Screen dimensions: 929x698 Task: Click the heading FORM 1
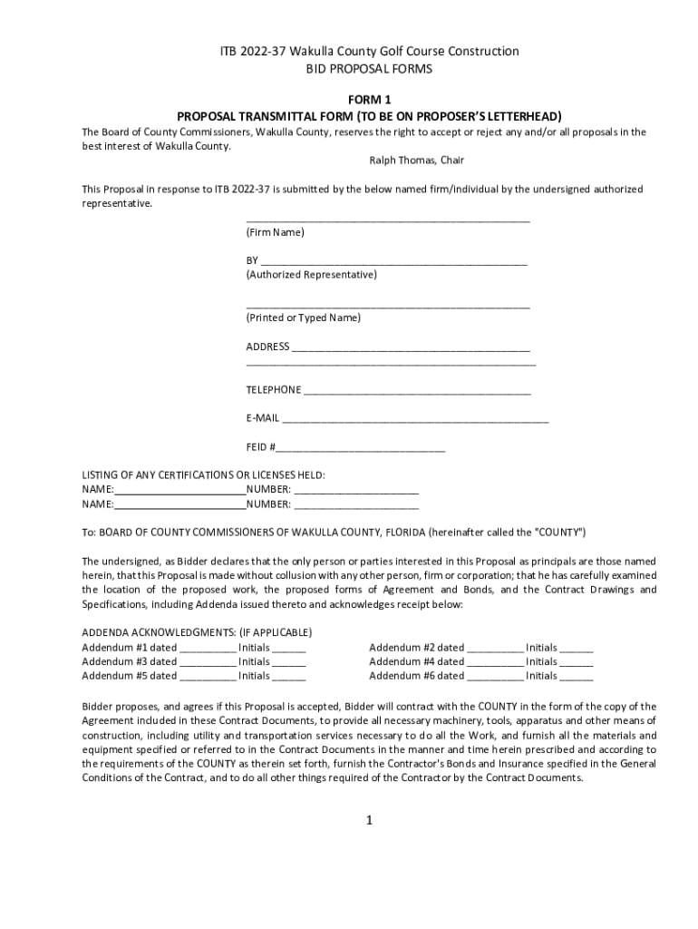pos(369,100)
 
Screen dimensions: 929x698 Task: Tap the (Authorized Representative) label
pos(311,275)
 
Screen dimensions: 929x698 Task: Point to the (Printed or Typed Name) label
pos(303,318)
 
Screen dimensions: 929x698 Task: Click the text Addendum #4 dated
pos(416,662)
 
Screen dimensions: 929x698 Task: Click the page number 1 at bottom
pos(370,820)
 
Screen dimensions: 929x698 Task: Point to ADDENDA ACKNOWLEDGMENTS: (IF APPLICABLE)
pos(197,633)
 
